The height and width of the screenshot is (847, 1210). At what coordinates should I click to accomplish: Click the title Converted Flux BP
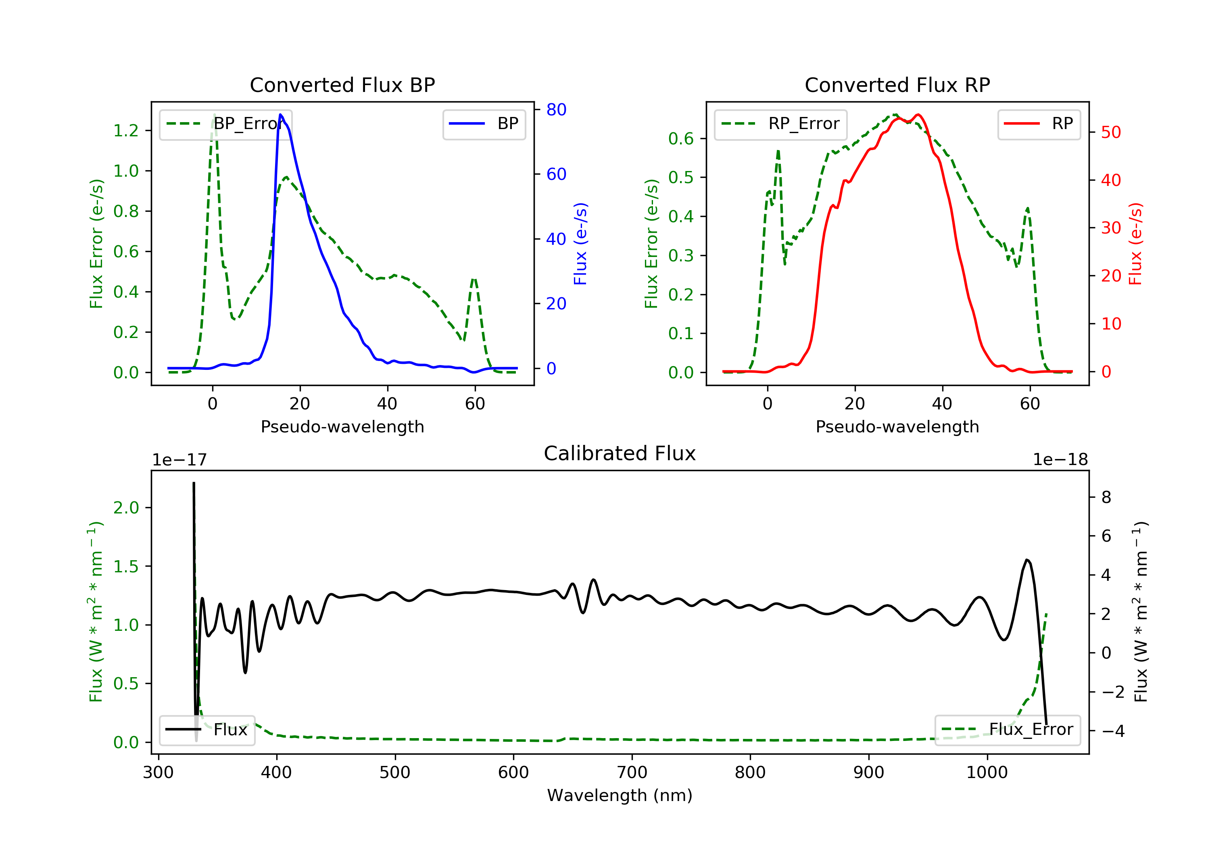pos(342,85)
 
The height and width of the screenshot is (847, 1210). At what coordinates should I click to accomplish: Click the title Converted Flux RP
pos(897,85)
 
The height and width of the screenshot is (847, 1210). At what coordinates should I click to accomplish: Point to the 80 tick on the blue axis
pos(556,110)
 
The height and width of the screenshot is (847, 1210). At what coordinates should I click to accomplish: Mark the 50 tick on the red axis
pos(1111,132)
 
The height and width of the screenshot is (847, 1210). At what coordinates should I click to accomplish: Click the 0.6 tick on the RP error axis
pos(681,139)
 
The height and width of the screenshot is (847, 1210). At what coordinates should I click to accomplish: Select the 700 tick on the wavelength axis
pos(632,773)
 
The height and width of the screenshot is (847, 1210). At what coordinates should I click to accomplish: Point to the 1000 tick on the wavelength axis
pos(987,773)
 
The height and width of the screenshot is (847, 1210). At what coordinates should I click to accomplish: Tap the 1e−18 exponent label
pos(1060,460)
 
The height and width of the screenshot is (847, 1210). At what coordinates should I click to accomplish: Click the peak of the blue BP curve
pos(280,115)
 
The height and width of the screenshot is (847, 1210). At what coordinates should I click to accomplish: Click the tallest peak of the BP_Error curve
pos(214,115)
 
